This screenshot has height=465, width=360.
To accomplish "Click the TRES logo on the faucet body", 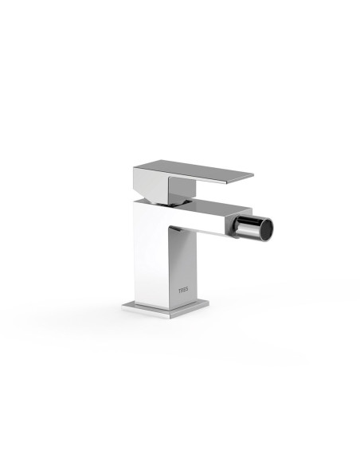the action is pyautogui.click(x=183, y=290).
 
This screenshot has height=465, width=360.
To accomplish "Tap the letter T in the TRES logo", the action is pyautogui.click(x=179, y=290).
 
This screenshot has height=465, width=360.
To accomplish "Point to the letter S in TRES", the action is pyautogui.click(x=186, y=290).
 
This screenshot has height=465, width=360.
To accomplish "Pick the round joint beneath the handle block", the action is pyautogui.click(x=167, y=201).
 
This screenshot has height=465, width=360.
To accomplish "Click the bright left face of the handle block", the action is pyautogui.click(x=151, y=183).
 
